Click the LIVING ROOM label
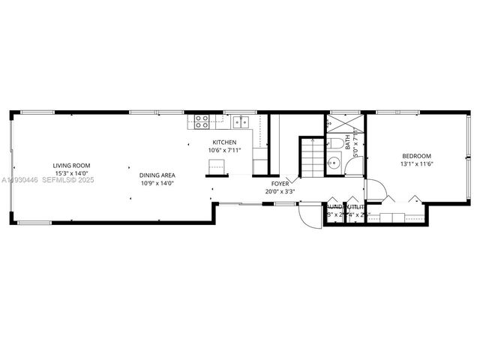71,166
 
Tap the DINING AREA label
157,175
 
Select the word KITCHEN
224,142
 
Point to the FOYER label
280,183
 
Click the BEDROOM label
418,157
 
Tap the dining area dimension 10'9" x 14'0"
157,182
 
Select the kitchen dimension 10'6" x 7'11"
224,150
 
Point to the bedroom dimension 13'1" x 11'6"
418,164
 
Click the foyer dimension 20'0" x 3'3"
280,190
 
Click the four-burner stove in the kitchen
202,121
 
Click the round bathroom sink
334,161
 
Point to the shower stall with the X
345,124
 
